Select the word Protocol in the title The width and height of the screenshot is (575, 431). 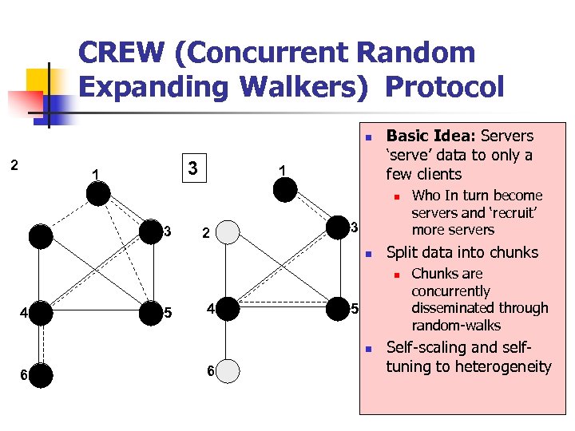click(x=445, y=87)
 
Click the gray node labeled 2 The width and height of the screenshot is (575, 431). click(x=228, y=232)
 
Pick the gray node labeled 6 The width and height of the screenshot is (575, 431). click(x=228, y=372)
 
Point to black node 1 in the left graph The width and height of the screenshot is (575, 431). click(x=98, y=193)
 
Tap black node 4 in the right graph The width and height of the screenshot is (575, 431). click(x=228, y=309)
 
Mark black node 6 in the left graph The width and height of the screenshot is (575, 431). click(x=42, y=375)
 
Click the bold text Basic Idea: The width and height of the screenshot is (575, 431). click(x=426, y=136)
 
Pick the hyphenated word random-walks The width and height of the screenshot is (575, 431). click(x=456, y=326)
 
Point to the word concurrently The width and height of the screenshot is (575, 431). click(x=450, y=291)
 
